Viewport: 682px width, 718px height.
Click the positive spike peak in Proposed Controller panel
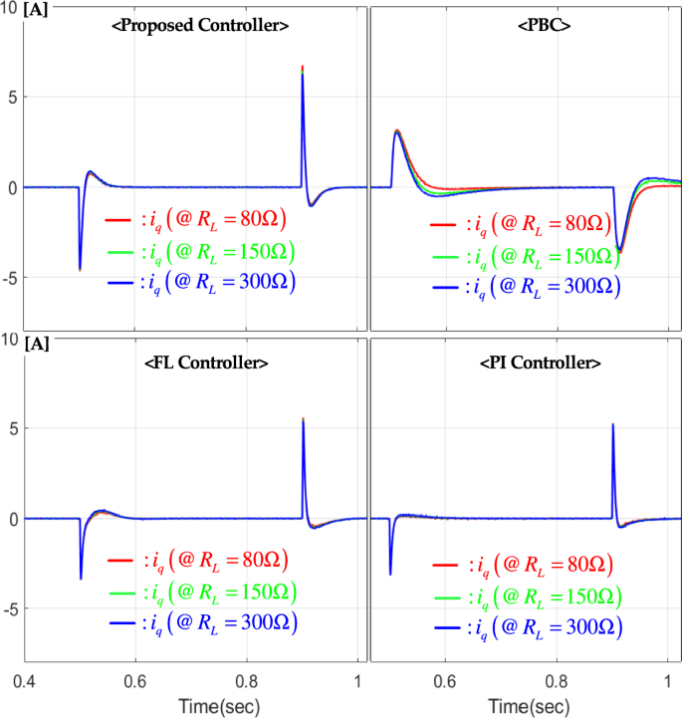tap(303, 68)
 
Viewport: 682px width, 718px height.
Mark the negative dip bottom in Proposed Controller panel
tap(80, 269)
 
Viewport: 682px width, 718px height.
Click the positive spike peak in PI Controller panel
tap(612, 425)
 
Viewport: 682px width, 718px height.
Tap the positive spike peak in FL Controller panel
tap(303, 419)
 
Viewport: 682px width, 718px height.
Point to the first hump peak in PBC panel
tap(397, 130)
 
